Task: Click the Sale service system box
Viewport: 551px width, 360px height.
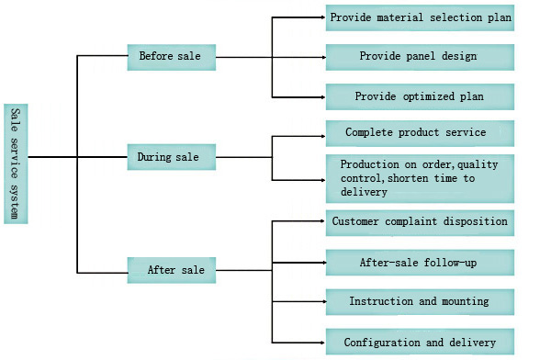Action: tap(16, 163)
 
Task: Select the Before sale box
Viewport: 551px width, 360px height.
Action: tap(172, 57)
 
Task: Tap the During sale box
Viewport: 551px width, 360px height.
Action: tap(172, 157)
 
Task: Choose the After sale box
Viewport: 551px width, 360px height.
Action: tap(172, 270)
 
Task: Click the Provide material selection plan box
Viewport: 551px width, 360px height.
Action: tap(420, 18)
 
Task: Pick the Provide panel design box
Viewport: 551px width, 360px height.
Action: tap(420, 57)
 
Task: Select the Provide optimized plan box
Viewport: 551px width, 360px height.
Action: tap(420, 96)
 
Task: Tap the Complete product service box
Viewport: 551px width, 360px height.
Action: tap(420, 133)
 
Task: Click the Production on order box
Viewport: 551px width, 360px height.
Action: tap(420, 178)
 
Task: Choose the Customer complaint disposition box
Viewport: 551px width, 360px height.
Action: tap(420, 223)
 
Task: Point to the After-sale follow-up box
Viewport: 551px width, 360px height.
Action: tap(420, 263)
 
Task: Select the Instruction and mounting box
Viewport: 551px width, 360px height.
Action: tap(420, 302)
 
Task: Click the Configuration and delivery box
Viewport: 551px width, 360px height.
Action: tap(420, 342)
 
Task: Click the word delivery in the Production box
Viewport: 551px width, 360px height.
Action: tap(364, 192)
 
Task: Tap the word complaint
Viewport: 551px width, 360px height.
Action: tap(410, 222)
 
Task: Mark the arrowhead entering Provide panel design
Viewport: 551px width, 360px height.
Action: tap(324, 57)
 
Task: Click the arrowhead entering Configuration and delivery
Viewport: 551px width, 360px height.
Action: tap(324, 343)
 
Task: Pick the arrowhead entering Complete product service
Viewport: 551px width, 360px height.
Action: tap(324, 136)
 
